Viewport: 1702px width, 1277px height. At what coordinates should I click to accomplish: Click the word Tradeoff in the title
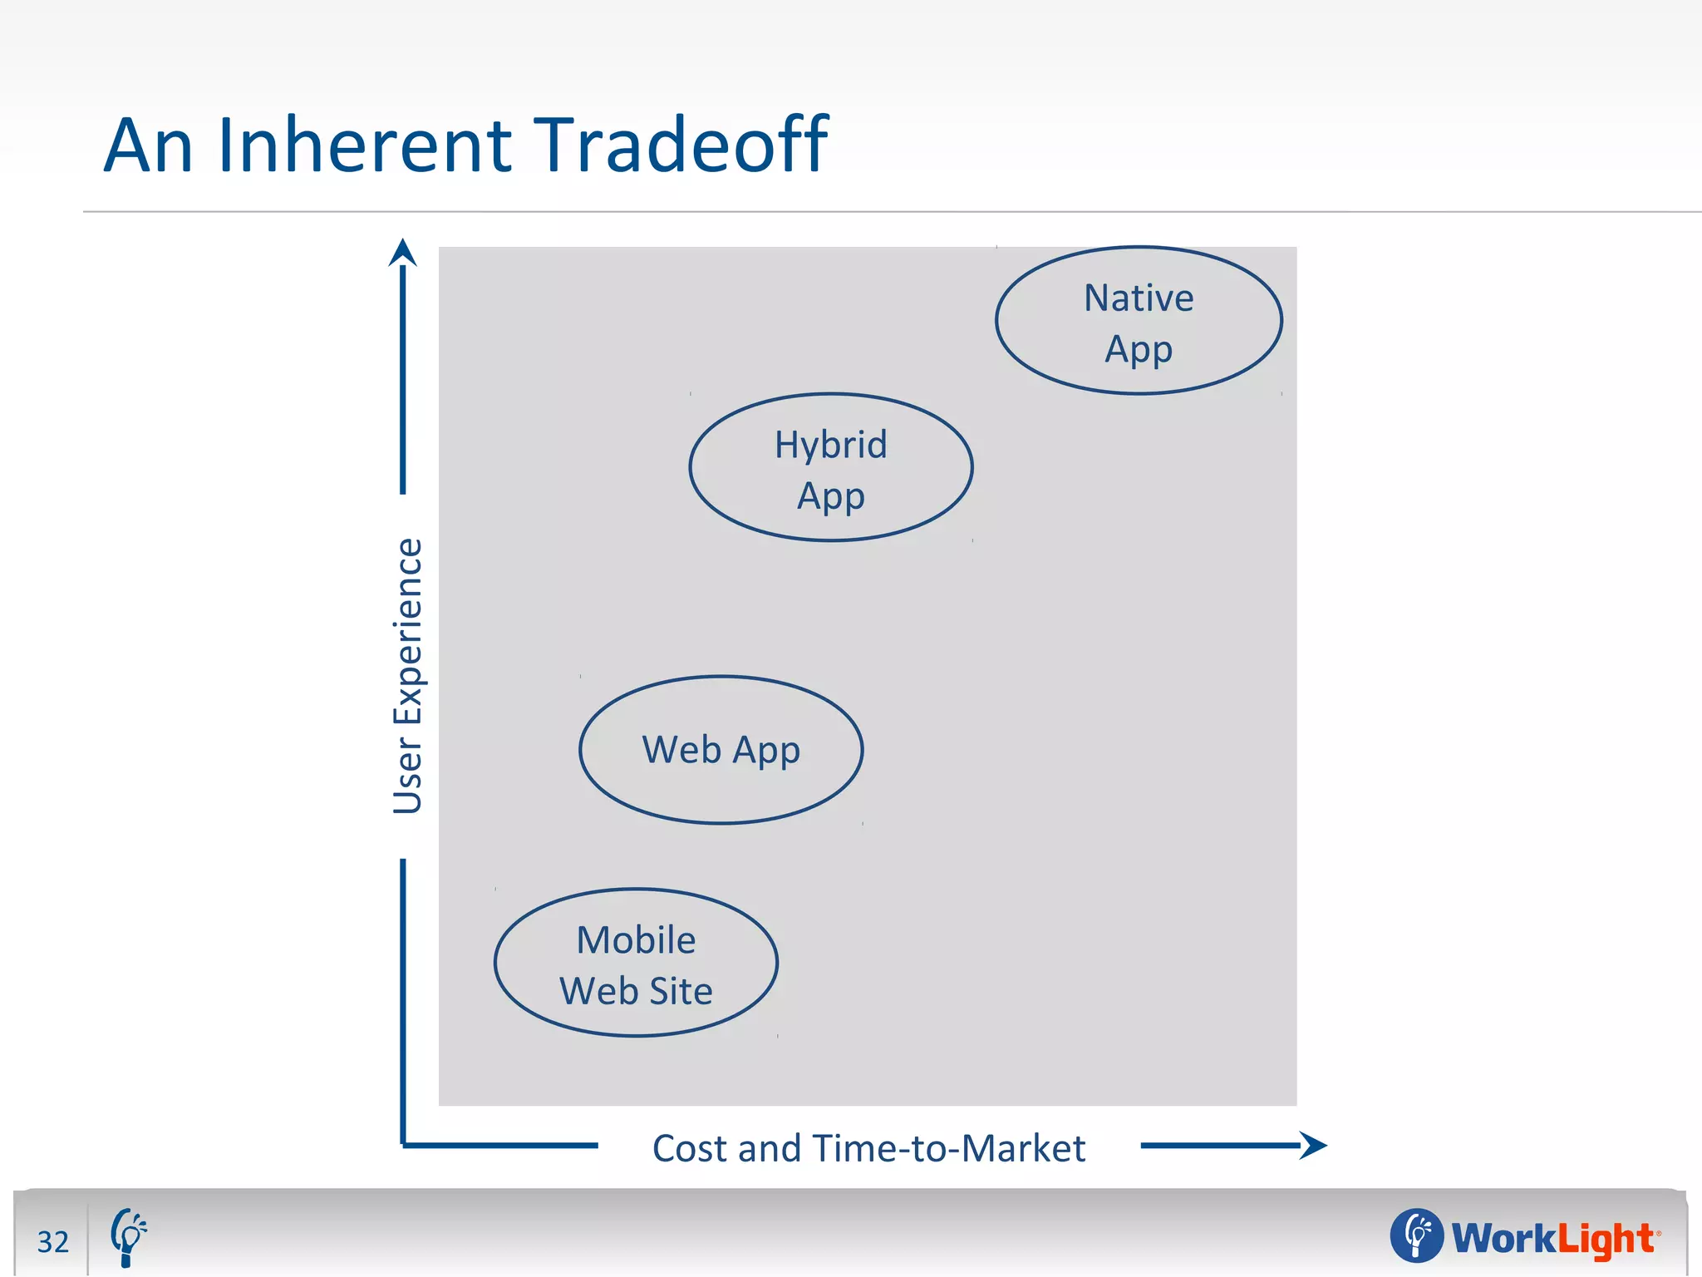tap(679, 145)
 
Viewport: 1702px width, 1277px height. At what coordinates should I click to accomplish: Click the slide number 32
tap(53, 1241)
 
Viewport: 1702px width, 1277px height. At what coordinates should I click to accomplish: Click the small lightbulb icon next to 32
tap(128, 1237)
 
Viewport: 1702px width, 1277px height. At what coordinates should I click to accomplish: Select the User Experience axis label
tap(408, 675)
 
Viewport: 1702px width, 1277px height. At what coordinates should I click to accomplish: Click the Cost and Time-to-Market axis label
tap(868, 1148)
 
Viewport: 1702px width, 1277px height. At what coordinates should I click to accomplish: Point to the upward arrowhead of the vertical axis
tap(403, 252)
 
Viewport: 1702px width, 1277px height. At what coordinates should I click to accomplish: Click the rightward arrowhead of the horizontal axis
tap(1314, 1145)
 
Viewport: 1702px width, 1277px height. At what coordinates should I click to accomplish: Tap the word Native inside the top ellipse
tap(1139, 298)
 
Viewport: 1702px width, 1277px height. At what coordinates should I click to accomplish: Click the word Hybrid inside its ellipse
tap(831, 445)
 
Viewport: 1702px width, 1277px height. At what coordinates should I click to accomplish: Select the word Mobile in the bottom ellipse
tap(636, 940)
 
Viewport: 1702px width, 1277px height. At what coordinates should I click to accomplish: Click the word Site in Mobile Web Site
tap(681, 991)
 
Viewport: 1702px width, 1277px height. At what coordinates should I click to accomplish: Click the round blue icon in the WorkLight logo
tap(1416, 1235)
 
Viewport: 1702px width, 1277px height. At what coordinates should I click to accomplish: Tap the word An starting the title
tap(148, 145)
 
